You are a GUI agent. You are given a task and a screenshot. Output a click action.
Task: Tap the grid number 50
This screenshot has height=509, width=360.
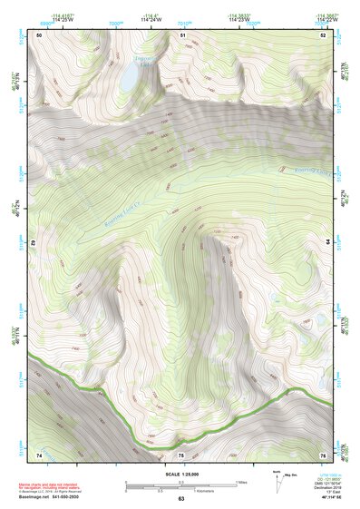pos(39,34)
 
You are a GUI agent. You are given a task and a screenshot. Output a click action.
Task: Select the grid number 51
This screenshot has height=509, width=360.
pos(182,34)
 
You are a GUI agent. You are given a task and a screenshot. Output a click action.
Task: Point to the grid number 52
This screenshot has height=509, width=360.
pos(323,34)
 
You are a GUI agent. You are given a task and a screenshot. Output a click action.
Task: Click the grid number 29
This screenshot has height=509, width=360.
pos(34,243)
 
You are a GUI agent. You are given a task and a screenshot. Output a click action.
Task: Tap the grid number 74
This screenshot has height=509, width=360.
pos(39,454)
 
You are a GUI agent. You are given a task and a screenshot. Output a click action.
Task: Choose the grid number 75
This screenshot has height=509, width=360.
pos(181,455)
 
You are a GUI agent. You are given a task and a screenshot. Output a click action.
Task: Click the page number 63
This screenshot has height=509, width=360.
pos(181,499)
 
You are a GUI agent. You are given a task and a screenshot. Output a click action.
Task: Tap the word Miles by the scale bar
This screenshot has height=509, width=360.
pos(242,482)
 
